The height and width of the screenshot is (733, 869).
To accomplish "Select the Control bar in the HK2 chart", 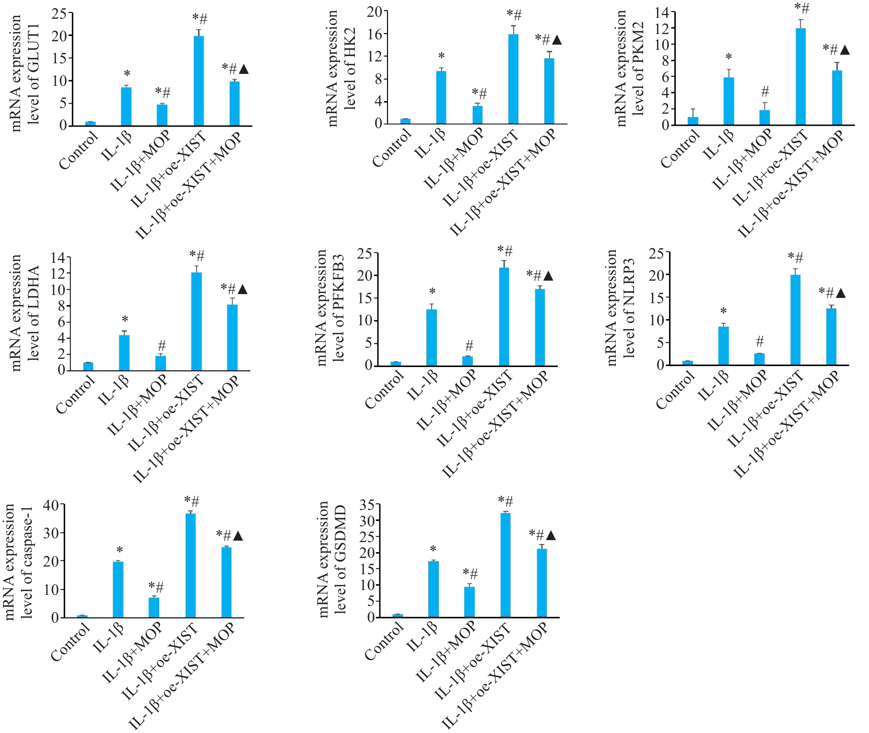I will pos(405,121).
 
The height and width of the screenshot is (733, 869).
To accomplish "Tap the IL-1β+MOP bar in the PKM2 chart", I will pos(764,118).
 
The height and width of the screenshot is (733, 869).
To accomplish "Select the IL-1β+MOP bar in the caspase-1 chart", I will pos(154,607).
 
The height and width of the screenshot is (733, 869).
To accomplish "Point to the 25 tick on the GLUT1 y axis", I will pos(59,13).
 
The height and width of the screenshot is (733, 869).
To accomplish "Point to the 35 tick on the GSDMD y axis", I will pos(367,505).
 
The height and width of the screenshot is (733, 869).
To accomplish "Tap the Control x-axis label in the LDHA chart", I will pos(76,394).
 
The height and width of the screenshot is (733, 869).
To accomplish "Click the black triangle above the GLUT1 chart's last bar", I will pos(244,69).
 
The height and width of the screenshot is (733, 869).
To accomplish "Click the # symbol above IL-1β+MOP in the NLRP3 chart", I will pos(760,342).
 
